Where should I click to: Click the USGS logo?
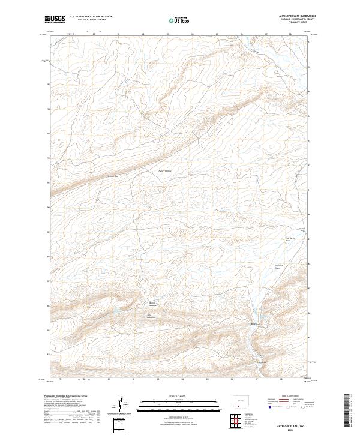pyautogui.click(x=55, y=20)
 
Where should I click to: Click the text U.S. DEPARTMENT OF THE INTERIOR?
pyautogui.click(x=91, y=17)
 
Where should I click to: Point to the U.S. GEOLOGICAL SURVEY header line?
pyautogui.click(x=87, y=20)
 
